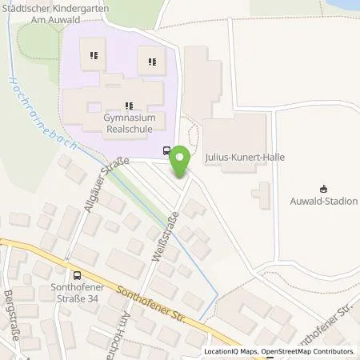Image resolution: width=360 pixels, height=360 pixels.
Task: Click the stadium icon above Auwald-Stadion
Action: point(322,190)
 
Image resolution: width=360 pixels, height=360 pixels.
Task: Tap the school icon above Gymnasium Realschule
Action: point(128,105)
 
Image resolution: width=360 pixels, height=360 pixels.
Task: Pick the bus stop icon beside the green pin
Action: point(166,150)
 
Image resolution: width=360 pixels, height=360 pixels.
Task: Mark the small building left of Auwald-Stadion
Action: point(261,193)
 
